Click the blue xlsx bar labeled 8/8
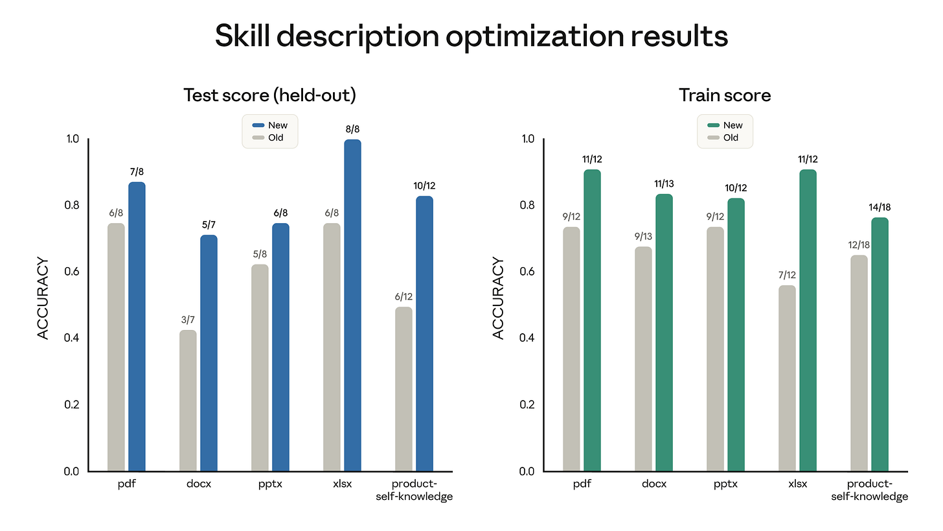click(352, 305)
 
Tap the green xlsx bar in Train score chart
click(808, 320)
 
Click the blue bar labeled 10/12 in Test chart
click(424, 333)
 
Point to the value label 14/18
click(880, 208)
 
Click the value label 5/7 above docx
click(209, 225)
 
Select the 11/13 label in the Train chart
click(664, 184)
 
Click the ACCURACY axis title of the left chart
click(43, 298)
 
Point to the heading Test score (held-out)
click(269, 95)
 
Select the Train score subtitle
click(725, 95)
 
